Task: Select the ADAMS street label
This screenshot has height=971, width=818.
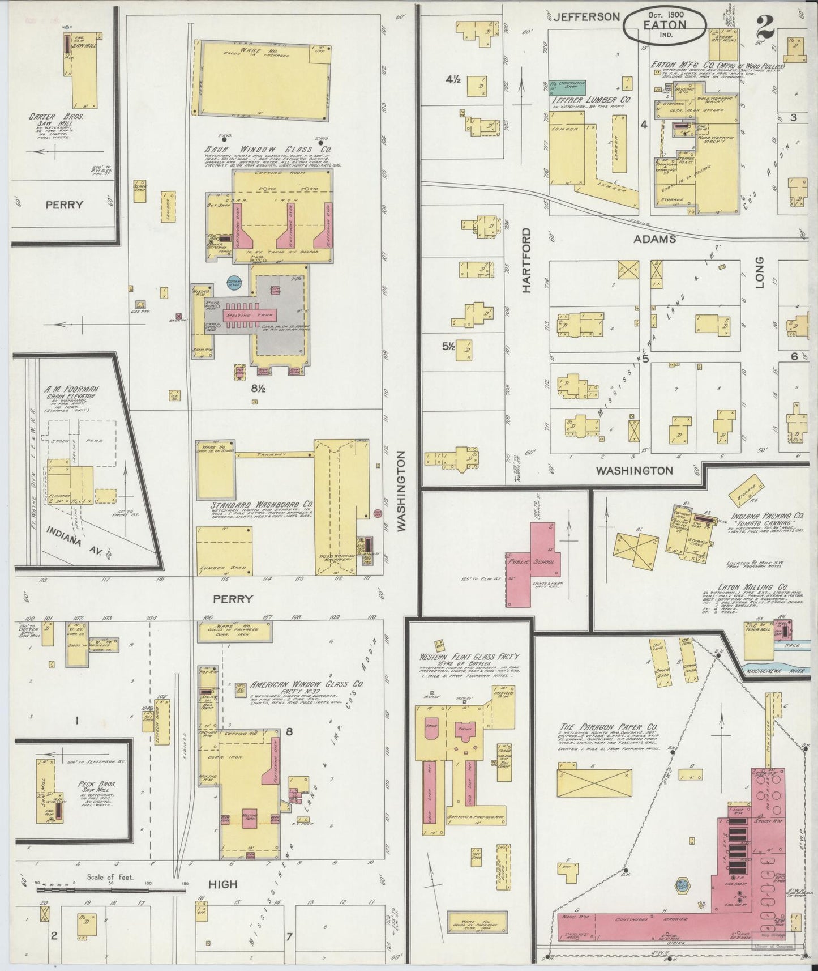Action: [x=654, y=239]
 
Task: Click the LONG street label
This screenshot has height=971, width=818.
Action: [x=760, y=272]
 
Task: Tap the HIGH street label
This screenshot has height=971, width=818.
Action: [x=224, y=884]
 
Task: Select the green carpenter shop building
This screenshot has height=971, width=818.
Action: [x=568, y=87]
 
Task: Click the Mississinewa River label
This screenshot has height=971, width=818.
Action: [x=778, y=669]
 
